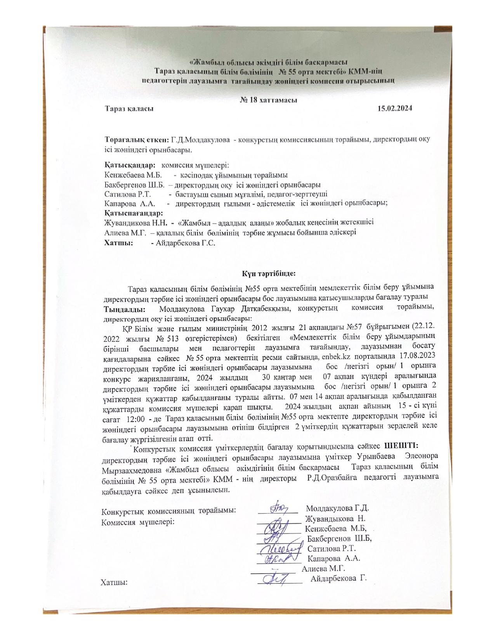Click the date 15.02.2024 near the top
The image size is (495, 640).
click(x=394, y=108)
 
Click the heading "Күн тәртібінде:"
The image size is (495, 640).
click(x=269, y=273)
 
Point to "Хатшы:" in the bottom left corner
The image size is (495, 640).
click(x=115, y=582)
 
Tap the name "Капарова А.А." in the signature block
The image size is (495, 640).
click(x=334, y=559)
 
